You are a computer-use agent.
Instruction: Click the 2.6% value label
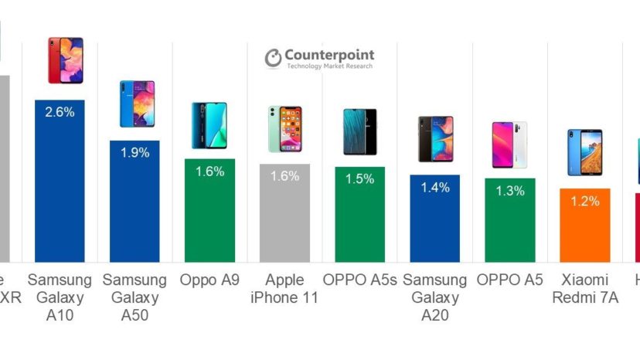60,112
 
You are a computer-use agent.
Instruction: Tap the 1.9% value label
134,152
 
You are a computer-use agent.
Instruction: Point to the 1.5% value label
359,178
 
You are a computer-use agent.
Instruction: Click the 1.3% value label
509,191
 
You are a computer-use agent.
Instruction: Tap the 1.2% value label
585,201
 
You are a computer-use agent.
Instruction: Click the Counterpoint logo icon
273,58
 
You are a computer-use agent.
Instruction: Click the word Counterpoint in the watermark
329,55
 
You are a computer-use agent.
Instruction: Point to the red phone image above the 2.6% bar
65,60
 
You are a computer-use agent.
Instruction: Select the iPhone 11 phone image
284,129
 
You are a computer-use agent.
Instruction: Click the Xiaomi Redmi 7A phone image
584,152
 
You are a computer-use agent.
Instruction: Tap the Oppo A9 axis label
209,280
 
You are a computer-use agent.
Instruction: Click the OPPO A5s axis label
359,280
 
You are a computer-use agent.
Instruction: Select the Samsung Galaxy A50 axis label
134,297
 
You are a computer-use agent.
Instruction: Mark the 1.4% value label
434,187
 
